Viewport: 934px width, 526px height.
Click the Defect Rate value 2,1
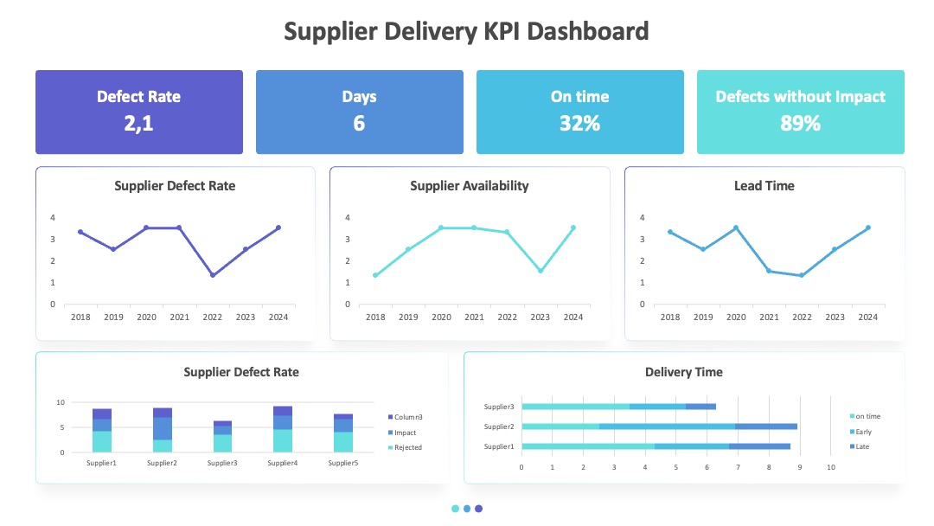coord(138,124)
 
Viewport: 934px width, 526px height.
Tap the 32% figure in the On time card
coord(579,124)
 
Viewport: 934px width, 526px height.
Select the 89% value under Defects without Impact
coord(801,124)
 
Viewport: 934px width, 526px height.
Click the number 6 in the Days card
coord(359,124)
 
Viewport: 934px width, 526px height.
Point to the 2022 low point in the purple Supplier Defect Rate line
coord(213,275)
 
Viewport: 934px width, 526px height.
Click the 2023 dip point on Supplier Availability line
coord(541,271)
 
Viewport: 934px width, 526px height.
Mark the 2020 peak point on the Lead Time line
coord(736,228)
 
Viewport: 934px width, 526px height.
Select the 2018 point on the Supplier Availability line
coord(375,275)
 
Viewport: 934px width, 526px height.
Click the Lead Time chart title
coord(764,186)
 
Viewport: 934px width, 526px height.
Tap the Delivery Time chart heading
coord(684,372)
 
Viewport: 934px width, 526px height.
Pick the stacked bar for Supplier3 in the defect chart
coord(223,437)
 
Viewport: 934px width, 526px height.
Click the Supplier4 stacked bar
coord(283,429)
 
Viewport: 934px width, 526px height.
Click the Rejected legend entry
coord(405,447)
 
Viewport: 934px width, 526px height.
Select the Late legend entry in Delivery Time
coord(860,446)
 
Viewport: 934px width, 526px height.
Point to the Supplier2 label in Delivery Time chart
coord(499,427)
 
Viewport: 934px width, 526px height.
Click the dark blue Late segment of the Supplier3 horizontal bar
coord(701,407)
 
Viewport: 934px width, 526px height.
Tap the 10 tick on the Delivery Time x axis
coord(831,467)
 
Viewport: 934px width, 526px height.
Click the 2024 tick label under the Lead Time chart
coord(868,317)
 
